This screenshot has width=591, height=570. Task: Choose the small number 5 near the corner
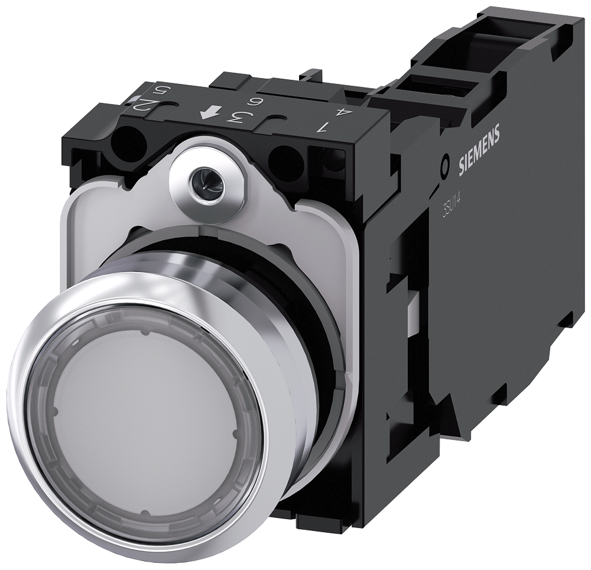[x=158, y=93]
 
